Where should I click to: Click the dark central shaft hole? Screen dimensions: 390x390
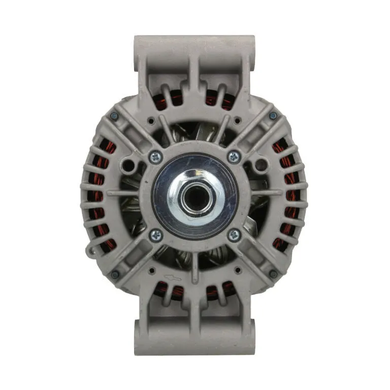pyautogui.click(x=194, y=196)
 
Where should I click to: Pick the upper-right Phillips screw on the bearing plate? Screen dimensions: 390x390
pyautogui.click(x=234, y=156)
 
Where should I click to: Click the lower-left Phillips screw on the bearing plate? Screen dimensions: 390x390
pyautogui.click(x=156, y=235)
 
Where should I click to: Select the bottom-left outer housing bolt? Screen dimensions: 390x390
pyautogui.click(x=115, y=274)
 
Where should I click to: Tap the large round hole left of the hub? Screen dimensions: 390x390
pyautogui.click(x=129, y=165)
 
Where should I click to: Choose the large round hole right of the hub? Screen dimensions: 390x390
pyautogui.click(x=261, y=165)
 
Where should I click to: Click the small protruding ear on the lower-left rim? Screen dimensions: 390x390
pyautogui.click(x=91, y=250)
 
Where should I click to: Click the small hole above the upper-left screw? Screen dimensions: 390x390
pyautogui.click(x=151, y=121)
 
